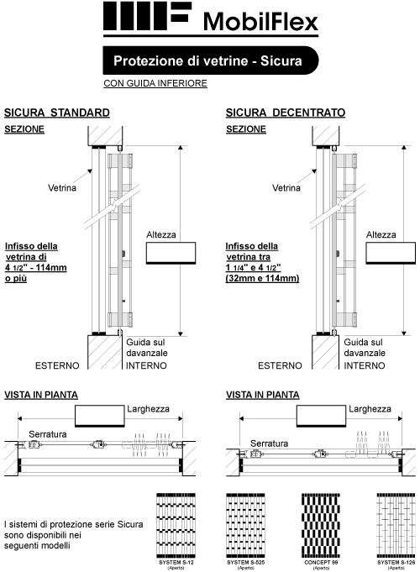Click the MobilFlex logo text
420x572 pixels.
260,22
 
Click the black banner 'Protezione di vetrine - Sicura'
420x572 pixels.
211,60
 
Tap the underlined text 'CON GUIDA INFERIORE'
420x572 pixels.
155,83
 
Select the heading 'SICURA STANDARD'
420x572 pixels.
57,113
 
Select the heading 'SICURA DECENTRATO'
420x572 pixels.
286,113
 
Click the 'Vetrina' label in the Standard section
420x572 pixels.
62,188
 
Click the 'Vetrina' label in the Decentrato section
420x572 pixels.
286,188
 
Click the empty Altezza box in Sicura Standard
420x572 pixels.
171,253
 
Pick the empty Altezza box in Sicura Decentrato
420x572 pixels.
391,253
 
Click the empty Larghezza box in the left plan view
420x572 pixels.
100,416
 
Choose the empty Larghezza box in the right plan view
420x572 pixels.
321,416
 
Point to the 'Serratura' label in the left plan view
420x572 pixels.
48,434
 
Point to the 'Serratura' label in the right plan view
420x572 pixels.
270,443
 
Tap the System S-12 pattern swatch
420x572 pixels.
176,526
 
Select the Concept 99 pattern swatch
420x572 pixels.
321,526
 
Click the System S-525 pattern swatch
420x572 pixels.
245,526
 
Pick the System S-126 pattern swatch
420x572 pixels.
396,526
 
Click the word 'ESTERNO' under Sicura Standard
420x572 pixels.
57,365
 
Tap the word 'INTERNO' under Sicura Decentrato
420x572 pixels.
365,365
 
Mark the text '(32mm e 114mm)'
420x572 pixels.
262,278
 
